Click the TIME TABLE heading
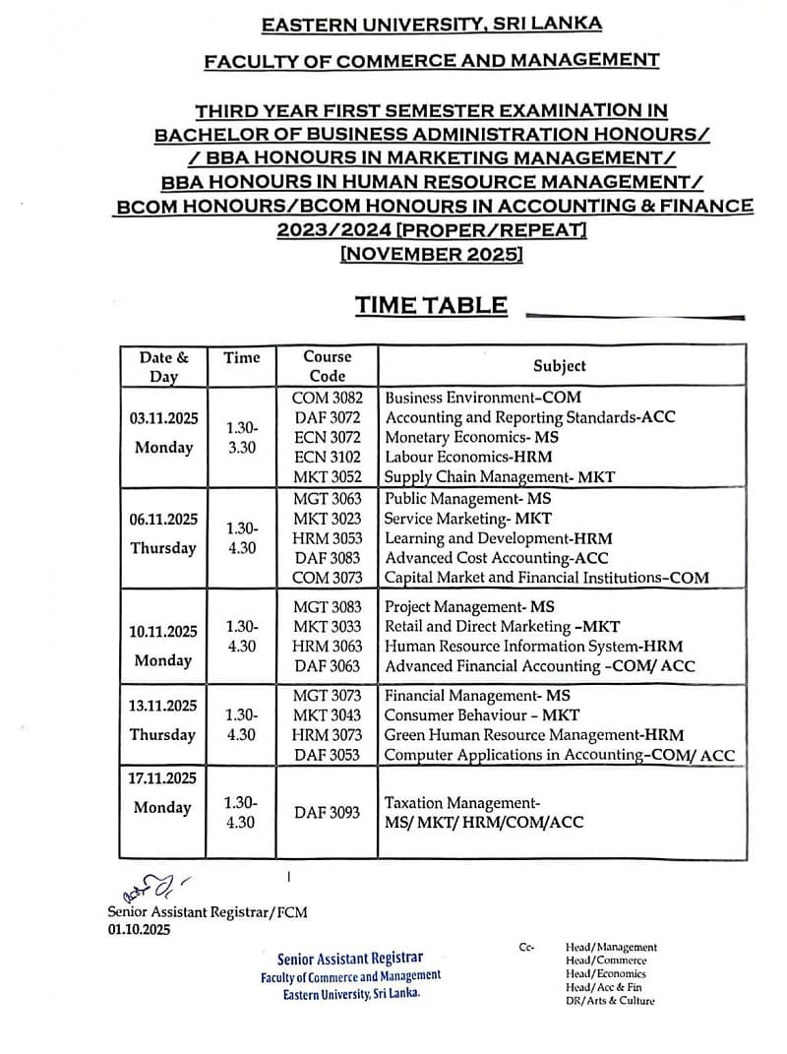click(x=432, y=305)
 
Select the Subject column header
click(x=559, y=365)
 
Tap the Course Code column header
click(x=327, y=366)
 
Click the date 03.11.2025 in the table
click(x=163, y=418)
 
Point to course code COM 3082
click(x=327, y=398)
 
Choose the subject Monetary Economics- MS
click(x=470, y=437)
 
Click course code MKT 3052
click(x=327, y=476)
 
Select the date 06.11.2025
click(x=163, y=519)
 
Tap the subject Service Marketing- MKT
click(x=467, y=519)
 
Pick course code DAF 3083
click(x=327, y=558)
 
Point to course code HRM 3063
click(x=327, y=647)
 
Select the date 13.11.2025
click(x=163, y=706)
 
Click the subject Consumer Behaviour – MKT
click(x=481, y=715)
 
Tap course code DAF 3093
click(x=327, y=813)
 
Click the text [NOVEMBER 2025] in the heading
click(x=431, y=254)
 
